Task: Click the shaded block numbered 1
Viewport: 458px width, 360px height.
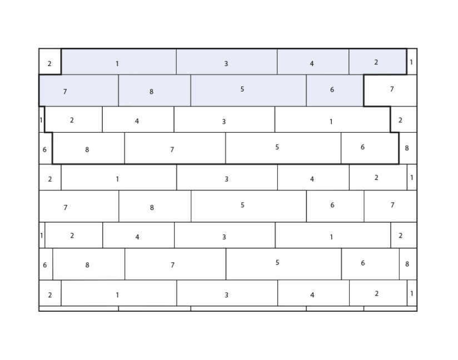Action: (x=118, y=62)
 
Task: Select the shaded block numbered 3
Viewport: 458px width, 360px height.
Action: (x=227, y=62)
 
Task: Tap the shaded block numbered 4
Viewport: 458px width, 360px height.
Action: (x=313, y=62)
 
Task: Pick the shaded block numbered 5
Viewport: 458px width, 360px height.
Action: (x=248, y=90)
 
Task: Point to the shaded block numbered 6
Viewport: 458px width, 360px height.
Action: (x=335, y=90)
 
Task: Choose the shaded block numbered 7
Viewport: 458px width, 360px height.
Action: (x=78, y=90)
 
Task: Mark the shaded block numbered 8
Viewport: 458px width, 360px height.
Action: (x=154, y=90)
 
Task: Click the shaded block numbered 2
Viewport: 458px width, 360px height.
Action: (x=377, y=62)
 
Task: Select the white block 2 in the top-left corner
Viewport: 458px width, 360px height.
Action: (x=50, y=62)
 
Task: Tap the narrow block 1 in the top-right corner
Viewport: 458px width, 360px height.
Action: (x=411, y=62)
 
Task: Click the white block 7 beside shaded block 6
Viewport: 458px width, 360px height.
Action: (x=390, y=90)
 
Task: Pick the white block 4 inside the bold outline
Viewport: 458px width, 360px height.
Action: (x=138, y=119)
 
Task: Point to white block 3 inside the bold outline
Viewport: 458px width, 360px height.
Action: (x=225, y=119)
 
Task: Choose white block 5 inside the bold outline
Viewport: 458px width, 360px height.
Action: (x=283, y=148)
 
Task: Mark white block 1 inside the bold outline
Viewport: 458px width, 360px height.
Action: (x=333, y=119)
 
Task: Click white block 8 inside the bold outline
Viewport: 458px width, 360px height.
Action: (x=88, y=148)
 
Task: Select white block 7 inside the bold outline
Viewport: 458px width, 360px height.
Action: (x=175, y=148)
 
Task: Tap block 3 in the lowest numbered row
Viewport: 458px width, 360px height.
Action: (x=227, y=293)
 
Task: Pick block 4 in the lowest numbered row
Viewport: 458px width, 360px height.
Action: (x=313, y=293)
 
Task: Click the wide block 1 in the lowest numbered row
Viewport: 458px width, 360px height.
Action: (x=119, y=293)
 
